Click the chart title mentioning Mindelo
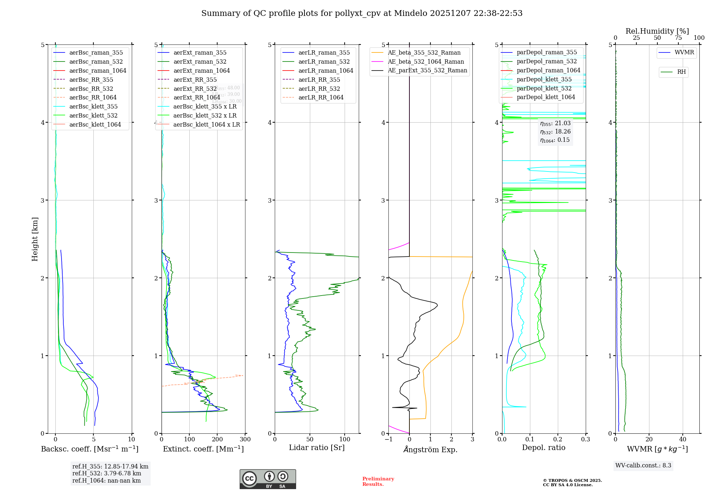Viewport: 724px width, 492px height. pos(362,13)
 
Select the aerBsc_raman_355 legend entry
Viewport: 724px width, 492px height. pos(96,53)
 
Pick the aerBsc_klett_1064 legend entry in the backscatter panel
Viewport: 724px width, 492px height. pos(95,125)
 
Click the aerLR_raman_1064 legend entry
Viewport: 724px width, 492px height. pos(325,71)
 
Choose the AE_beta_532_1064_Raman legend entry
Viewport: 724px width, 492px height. pos(426,62)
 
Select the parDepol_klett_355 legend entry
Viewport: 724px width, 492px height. pos(544,80)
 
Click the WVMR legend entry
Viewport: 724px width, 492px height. pos(684,52)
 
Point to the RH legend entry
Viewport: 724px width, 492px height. pos(681,72)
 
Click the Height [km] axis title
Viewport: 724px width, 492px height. pos(35,239)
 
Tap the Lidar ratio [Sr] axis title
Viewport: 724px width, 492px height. pos(317,448)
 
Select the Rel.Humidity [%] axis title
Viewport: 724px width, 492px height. pos(657,31)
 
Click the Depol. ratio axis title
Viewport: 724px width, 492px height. pos(543,448)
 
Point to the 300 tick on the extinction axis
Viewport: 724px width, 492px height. pos(245,440)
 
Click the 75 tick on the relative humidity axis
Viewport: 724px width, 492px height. pos(678,38)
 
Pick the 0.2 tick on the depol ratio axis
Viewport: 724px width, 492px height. pos(558,440)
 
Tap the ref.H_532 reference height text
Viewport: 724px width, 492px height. pos(107,474)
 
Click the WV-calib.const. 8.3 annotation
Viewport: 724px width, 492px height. pos(643,466)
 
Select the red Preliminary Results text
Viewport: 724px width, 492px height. pos(378,482)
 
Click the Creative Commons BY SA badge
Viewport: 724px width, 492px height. pos(268,479)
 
